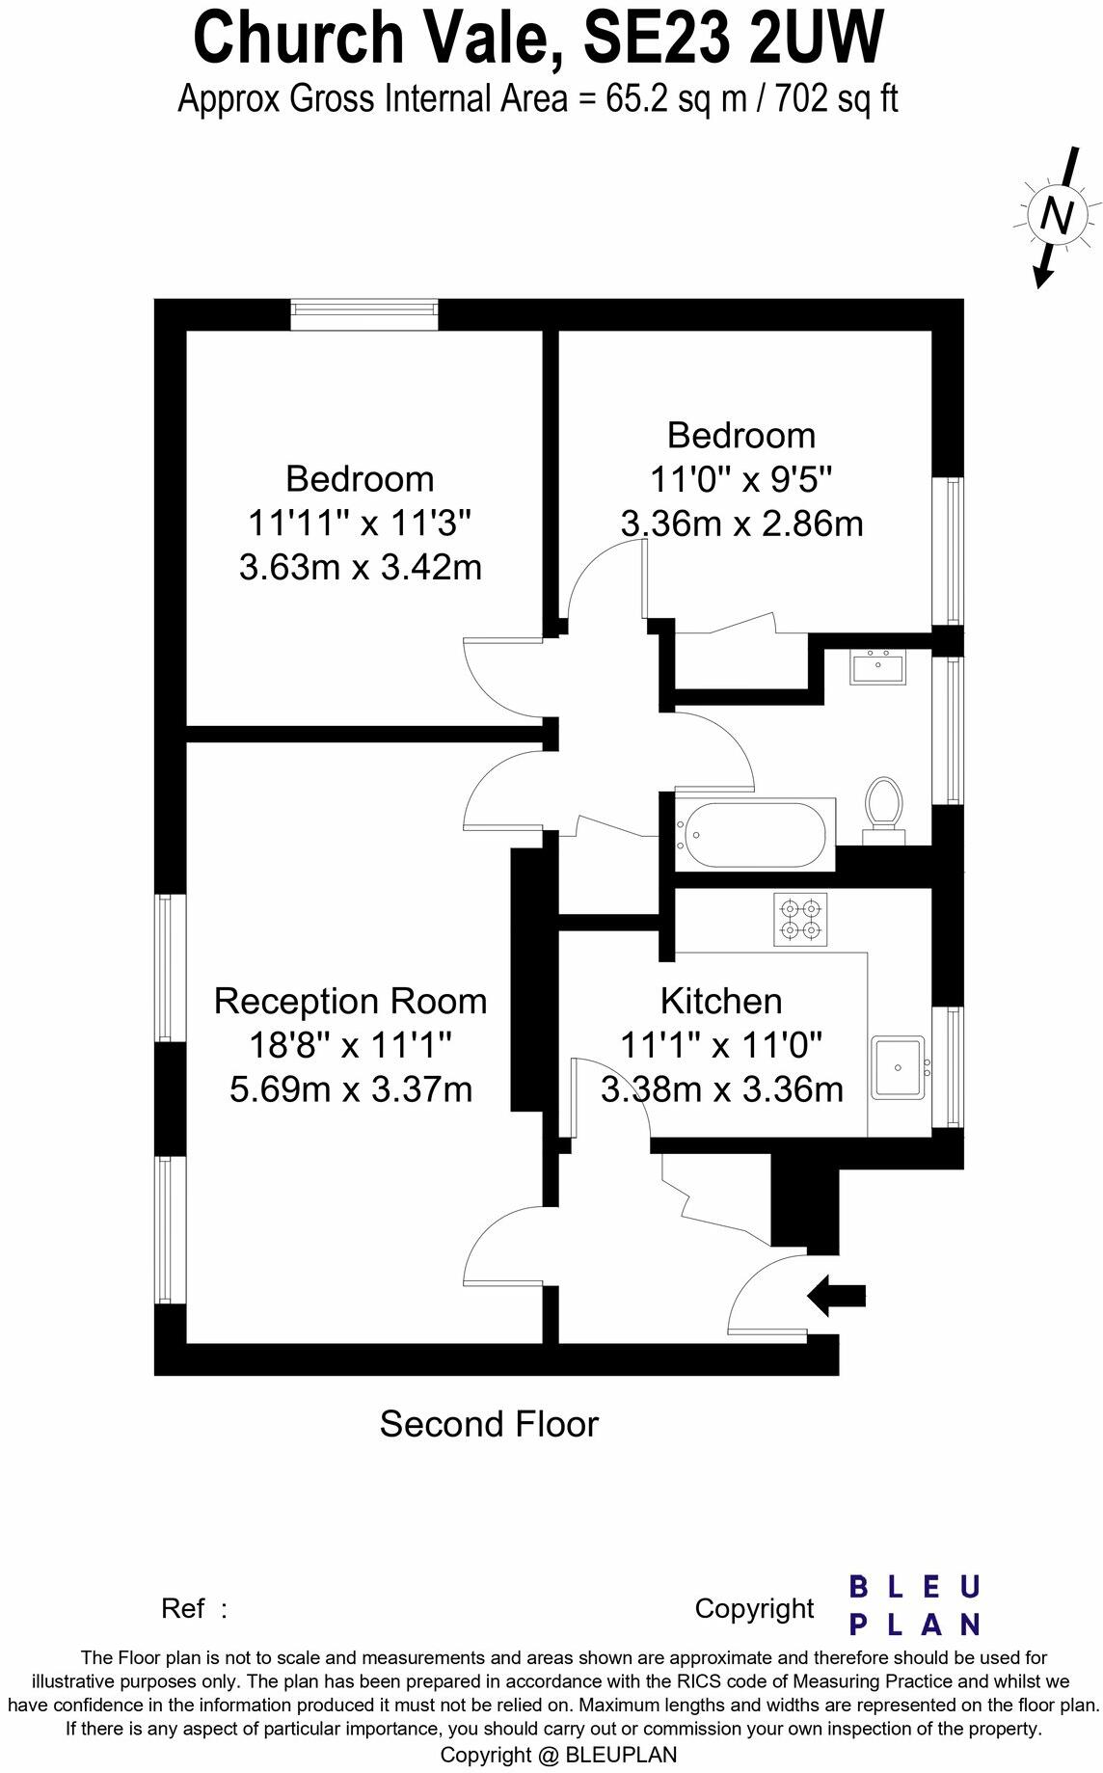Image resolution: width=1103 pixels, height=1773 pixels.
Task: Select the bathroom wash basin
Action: (877, 667)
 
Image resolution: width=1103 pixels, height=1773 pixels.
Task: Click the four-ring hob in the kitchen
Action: (800, 919)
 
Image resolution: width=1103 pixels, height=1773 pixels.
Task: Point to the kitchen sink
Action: (898, 1067)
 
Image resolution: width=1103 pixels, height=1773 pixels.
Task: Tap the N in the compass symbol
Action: (1056, 215)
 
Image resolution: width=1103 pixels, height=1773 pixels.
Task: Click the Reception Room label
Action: (350, 1001)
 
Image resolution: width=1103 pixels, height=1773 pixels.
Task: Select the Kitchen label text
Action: (720, 1001)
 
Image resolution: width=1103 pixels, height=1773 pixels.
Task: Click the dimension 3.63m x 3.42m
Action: (360, 567)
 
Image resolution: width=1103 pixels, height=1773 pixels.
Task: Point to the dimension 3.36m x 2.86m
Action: (740, 524)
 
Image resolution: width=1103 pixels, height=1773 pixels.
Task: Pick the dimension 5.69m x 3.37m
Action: (350, 1089)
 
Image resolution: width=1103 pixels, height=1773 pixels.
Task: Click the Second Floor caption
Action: (489, 1424)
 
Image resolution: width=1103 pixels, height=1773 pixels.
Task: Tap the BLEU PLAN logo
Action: (913, 1605)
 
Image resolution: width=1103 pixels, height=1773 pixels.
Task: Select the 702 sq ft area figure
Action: (837, 98)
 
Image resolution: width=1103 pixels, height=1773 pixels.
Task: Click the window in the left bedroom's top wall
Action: (364, 310)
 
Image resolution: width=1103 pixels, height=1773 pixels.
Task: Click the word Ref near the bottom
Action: (183, 1609)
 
